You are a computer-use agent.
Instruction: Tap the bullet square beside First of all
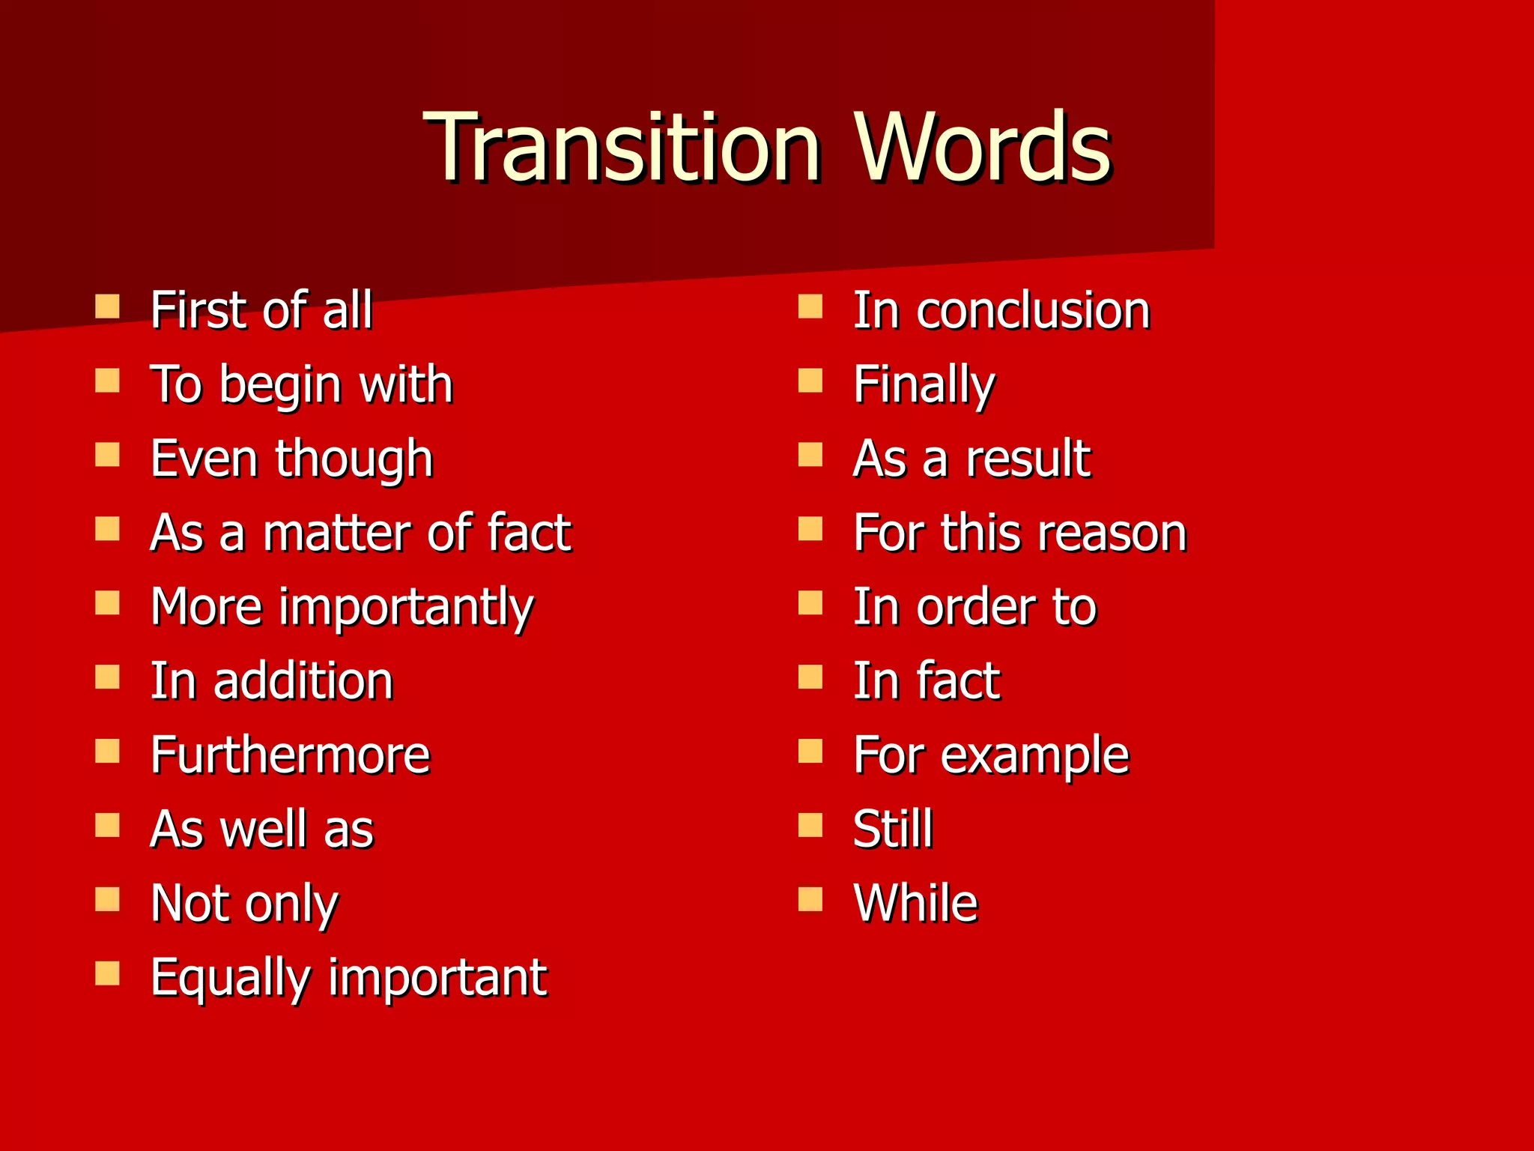coord(108,306)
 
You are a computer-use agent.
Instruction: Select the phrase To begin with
coord(302,385)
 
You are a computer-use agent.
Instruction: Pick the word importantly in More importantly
coord(407,608)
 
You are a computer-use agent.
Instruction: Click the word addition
coord(303,681)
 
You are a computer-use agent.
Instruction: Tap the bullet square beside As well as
coord(108,826)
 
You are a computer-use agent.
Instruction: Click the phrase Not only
coord(245,904)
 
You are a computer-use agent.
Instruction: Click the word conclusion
coord(1034,310)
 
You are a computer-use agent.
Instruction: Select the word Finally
coord(924,385)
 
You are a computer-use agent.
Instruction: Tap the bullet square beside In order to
coord(810,603)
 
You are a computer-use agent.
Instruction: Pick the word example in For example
coord(1035,755)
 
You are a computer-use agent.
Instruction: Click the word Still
coord(893,829)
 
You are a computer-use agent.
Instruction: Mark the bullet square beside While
coord(810,899)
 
